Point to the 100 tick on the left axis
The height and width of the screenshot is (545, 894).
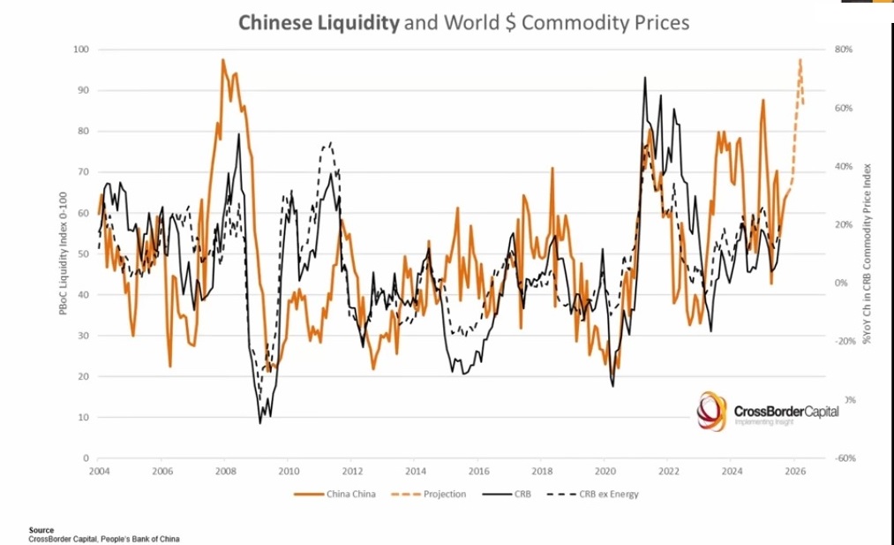point(80,49)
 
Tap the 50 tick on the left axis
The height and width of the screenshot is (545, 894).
point(82,254)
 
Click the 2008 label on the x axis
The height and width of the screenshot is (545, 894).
point(225,471)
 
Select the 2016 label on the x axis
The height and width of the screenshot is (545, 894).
point(478,471)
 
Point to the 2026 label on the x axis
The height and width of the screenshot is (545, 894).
point(794,471)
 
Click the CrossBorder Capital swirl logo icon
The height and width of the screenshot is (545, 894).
point(712,412)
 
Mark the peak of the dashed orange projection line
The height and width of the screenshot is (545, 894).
point(800,60)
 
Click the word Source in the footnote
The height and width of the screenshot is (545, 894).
point(41,531)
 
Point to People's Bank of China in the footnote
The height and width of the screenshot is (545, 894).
point(142,539)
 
